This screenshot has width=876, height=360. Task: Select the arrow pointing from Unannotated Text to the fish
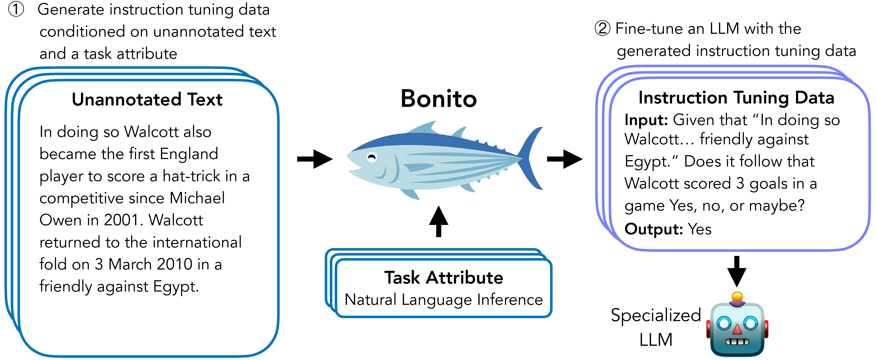click(x=315, y=159)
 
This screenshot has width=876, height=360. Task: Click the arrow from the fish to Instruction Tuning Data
click(x=565, y=159)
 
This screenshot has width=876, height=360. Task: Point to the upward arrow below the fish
click(x=439, y=221)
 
